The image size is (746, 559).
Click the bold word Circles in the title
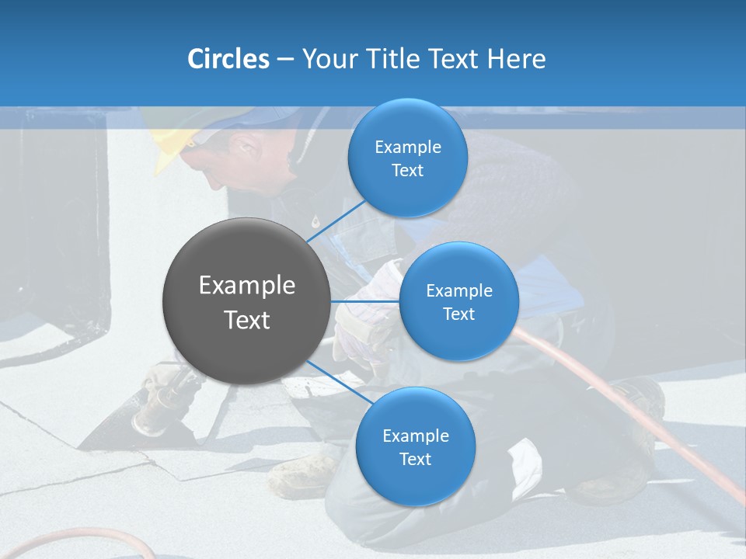228,59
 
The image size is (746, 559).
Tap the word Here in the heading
516,59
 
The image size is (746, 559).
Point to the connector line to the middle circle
365,301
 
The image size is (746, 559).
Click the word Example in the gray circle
247,285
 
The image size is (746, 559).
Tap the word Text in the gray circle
247,320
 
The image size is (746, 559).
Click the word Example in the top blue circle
408,147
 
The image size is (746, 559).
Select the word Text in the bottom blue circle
415,459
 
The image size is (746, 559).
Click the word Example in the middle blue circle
459,290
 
